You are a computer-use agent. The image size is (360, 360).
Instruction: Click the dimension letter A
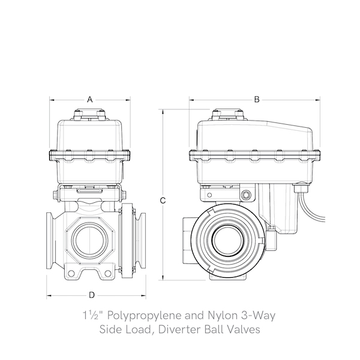(90, 99)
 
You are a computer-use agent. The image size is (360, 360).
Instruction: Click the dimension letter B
(256, 99)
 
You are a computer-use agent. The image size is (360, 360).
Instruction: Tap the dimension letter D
(92, 295)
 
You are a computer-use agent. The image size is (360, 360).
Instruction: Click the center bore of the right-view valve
(228, 239)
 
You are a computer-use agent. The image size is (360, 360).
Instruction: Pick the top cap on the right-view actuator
(228, 114)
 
